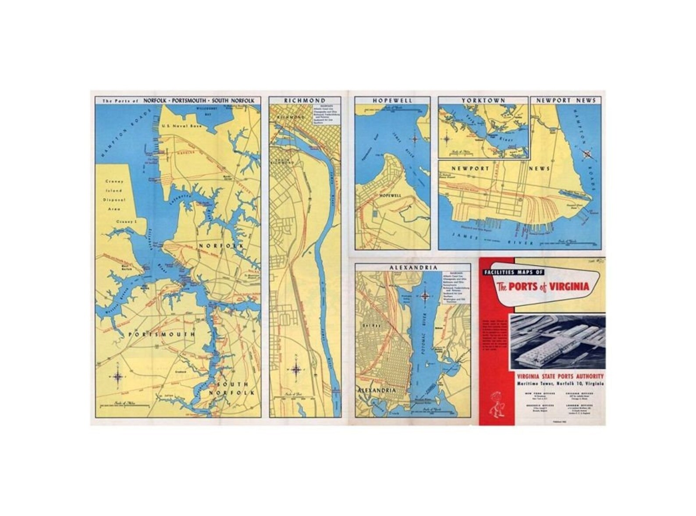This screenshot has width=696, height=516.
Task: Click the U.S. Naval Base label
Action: tap(180, 126)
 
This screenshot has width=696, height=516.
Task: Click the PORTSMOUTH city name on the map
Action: tap(161, 335)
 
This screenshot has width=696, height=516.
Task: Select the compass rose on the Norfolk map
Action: tap(118, 376)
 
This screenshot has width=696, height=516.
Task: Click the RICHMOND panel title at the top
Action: tap(305, 100)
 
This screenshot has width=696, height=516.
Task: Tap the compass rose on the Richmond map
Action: tap(296, 369)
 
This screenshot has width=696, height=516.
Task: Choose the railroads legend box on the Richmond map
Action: tap(326, 115)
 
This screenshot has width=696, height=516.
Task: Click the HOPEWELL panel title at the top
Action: tap(392, 100)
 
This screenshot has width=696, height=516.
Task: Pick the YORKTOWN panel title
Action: tap(483, 100)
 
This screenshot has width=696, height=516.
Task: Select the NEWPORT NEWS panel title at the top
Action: tap(566, 100)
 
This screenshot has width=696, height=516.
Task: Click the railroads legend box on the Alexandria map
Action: tap(455, 287)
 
